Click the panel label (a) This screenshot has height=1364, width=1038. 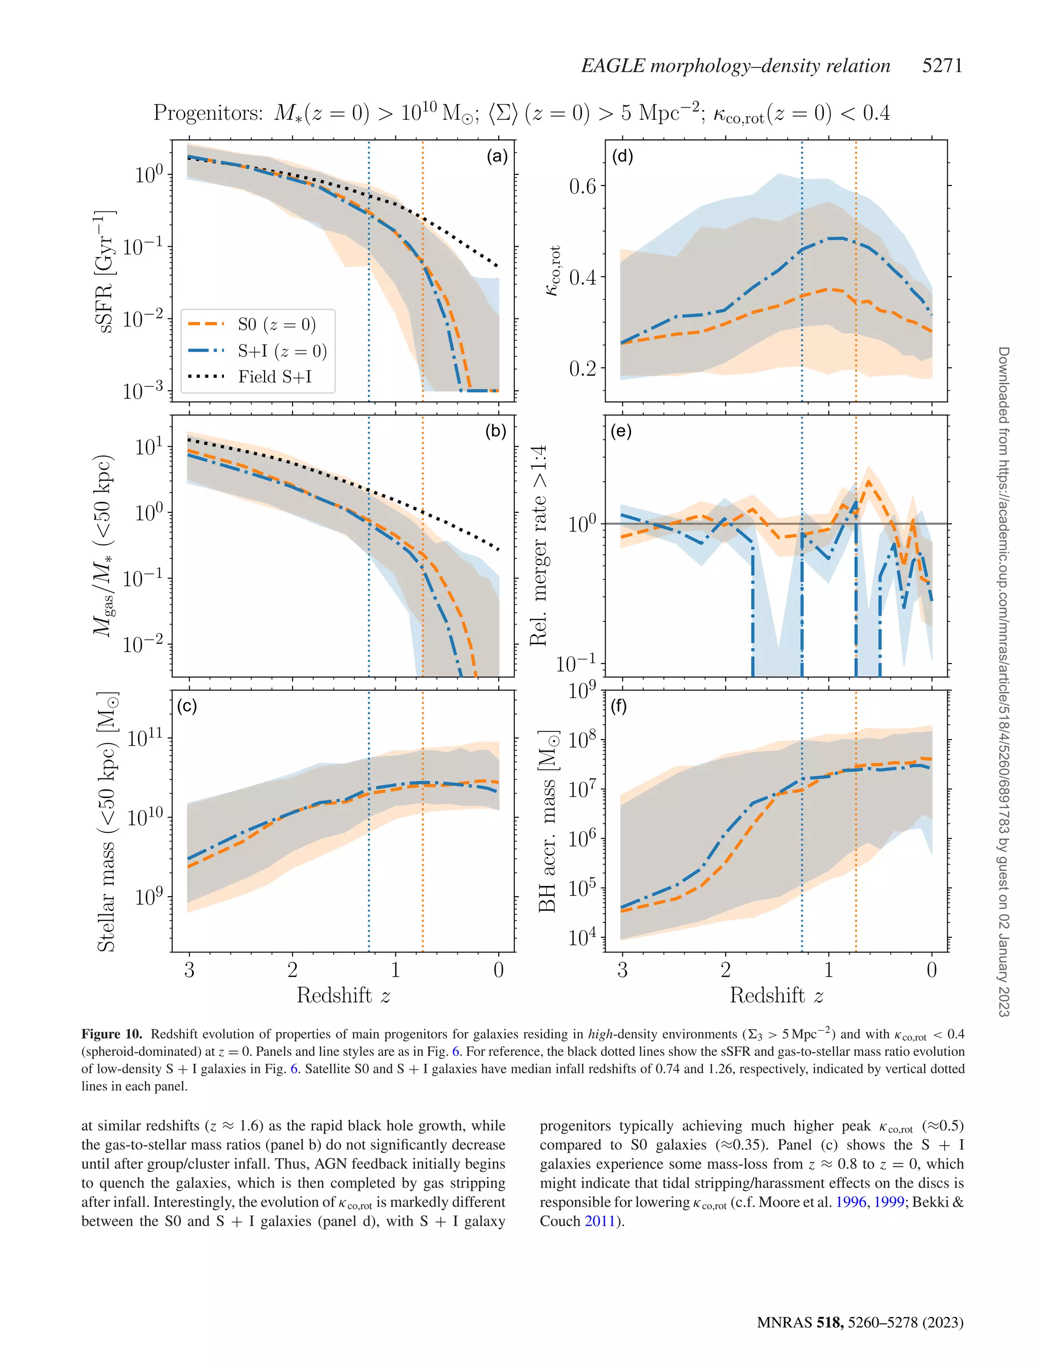[x=497, y=156]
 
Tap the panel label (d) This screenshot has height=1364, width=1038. [x=622, y=156]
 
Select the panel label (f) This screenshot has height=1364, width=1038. [x=618, y=706]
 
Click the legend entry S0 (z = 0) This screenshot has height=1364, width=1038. [x=276, y=324]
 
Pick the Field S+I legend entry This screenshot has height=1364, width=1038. [x=274, y=377]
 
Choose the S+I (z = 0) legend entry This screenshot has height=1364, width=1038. [x=282, y=351]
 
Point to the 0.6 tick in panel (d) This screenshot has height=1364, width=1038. [x=583, y=187]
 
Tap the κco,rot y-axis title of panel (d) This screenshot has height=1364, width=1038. [x=553, y=271]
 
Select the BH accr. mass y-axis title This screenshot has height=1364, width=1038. [x=547, y=821]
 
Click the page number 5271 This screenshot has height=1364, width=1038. [x=942, y=65]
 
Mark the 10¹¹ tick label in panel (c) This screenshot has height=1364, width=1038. [x=146, y=738]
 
